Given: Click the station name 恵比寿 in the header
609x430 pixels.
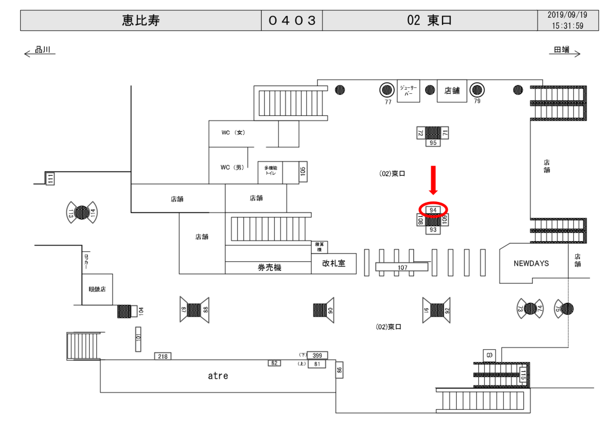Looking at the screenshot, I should (x=140, y=21).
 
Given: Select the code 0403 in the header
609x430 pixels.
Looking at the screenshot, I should (x=291, y=21).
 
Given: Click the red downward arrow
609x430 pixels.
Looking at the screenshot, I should (x=434, y=180).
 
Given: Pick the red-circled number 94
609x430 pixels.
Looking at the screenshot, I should (x=434, y=210).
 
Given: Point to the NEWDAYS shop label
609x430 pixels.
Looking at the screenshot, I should (x=531, y=263).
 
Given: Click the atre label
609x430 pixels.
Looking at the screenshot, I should (x=218, y=376).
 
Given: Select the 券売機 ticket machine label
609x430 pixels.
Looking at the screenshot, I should (x=269, y=268).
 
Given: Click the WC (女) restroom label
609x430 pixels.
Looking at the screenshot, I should (x=233, y=132).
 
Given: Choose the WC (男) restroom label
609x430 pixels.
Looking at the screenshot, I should (x=233, y=167).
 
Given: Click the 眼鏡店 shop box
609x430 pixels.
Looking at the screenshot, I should (x=97, y=290).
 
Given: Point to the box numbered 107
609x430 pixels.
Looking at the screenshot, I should (x=403, y=268).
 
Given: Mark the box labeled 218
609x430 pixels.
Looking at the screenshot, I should (x=162, y=356).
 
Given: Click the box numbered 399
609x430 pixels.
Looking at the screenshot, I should (x=317, y=355).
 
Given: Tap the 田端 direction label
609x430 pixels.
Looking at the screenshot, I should (x=562, y=50).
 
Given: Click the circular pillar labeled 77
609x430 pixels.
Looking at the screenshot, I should (x=388, y=90).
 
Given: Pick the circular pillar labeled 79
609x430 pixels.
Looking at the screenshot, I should (x=477, y=90).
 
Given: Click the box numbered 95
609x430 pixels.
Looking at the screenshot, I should (x=433, y=143).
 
